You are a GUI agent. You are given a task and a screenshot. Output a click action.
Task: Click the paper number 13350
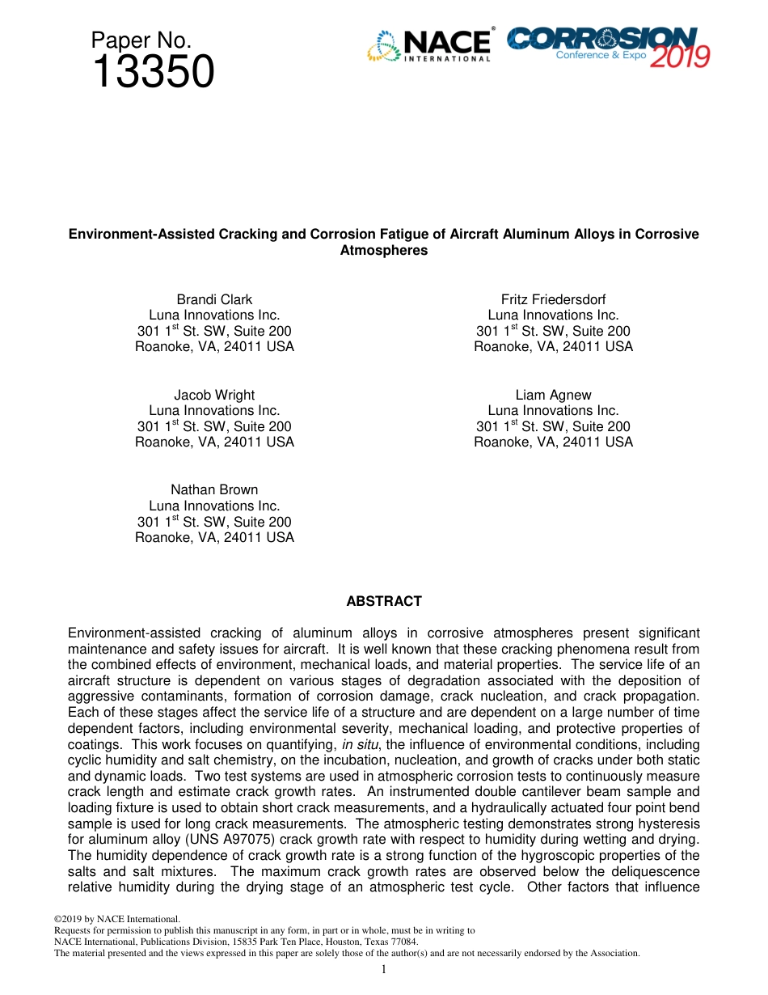[154, 73]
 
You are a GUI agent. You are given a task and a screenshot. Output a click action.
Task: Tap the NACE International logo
[430, 45]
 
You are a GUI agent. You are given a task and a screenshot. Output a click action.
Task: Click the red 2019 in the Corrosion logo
[680, 57]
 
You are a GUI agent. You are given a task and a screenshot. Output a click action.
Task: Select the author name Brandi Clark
[214, 299]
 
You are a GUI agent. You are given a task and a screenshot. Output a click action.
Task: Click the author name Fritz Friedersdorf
[553, 299]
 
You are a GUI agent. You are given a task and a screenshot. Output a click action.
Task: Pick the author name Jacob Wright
[214, 395]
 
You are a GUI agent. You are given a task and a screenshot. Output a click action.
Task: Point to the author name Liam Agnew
[553, 395]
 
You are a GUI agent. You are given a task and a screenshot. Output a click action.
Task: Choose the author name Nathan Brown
[214, 489]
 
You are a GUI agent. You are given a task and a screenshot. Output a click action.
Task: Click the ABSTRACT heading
[384, 601]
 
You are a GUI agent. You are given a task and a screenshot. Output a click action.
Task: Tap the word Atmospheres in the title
[384, 250]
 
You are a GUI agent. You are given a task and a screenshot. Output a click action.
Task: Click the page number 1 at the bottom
[384, 969]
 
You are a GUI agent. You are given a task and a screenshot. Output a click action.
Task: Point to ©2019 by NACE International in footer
[116, 919]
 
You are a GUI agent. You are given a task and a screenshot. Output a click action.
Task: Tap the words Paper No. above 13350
[141, 40]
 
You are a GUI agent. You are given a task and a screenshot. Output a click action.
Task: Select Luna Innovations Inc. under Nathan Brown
[214, 506]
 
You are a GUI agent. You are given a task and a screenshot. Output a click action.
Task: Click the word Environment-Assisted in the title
[141, 234]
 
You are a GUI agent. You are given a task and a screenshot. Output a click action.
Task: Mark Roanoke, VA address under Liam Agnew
[553, 442]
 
